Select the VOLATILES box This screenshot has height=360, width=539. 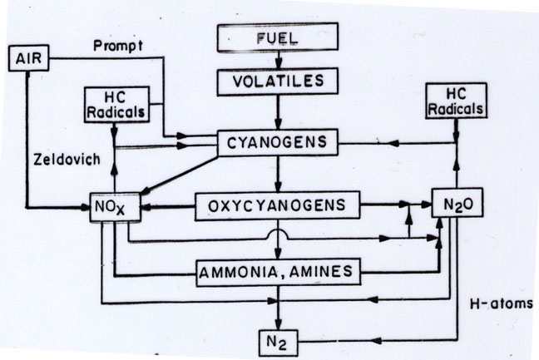pyautogui.click(x=278, y=83)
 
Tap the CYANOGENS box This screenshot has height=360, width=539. pyautogui.click(x=278, y=143)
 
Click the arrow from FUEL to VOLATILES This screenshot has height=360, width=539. pyautogui.click(x=279, y=62)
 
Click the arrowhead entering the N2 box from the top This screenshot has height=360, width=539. pyautogui.click(x=279, y=321)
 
